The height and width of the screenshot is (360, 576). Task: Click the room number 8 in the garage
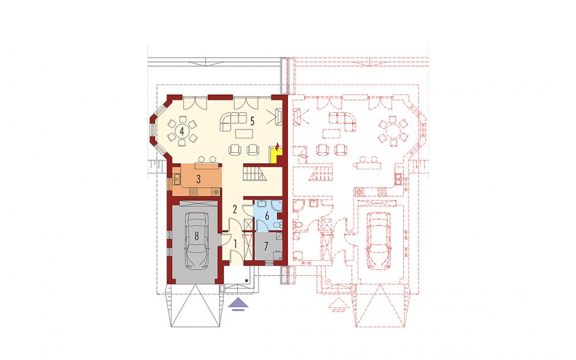click(x=197, y=236)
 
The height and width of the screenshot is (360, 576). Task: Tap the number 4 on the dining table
click(x=182, y=130)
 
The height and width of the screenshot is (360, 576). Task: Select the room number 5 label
click(x=252, y=121)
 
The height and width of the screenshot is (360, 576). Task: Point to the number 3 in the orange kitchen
click(x=199, y=180)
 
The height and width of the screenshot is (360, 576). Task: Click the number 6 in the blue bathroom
click(x=267, y=215)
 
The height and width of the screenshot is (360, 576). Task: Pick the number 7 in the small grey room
click(x=267, y=246)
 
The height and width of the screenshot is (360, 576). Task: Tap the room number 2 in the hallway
click(x=235, y=209)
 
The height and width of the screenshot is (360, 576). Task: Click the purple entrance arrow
click(x=238, y=304)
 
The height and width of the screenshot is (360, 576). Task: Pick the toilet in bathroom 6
click(x=278, y=224)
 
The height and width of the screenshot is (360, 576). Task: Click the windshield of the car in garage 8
click(x=197, y=226)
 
